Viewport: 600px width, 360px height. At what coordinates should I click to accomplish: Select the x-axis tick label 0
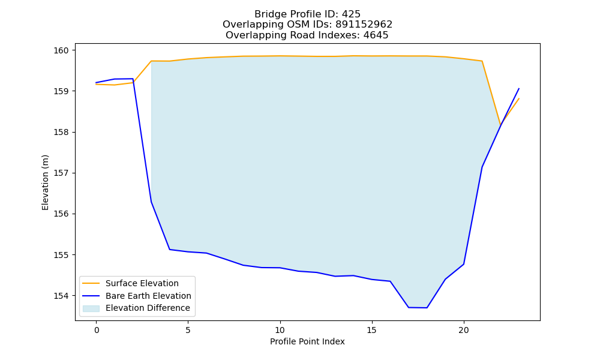[97, 330]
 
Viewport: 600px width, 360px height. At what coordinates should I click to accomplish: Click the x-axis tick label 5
[188, 330]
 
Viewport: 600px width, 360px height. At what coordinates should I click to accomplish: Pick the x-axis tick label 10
[280, 330]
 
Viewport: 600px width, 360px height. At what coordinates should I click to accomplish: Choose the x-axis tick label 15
[372, 330]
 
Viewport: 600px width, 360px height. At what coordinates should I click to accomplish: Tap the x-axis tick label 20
[464, 330]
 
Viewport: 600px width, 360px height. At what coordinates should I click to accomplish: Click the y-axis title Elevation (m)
[46, 182]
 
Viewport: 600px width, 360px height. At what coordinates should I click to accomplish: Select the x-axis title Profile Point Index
[307, 341]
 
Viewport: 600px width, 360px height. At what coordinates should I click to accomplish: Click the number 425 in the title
[351, 14]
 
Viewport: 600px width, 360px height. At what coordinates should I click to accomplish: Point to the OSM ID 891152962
[364, 25]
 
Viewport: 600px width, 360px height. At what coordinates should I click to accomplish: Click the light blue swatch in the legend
[91, 308]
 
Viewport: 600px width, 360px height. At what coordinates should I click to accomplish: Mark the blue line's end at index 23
[519, 88]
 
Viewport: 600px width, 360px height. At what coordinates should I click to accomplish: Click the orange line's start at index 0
[97, 84]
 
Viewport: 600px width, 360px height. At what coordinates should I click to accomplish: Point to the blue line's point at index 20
[464, 264]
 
